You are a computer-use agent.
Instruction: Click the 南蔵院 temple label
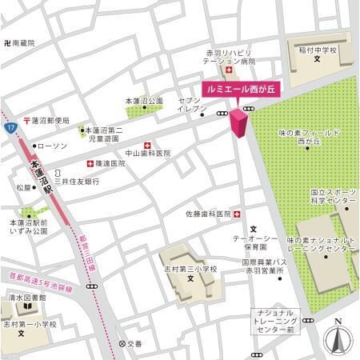tap(19, 43)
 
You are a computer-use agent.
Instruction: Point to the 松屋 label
tap(23, 188)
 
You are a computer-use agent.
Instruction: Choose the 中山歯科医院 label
tap(148, 153)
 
